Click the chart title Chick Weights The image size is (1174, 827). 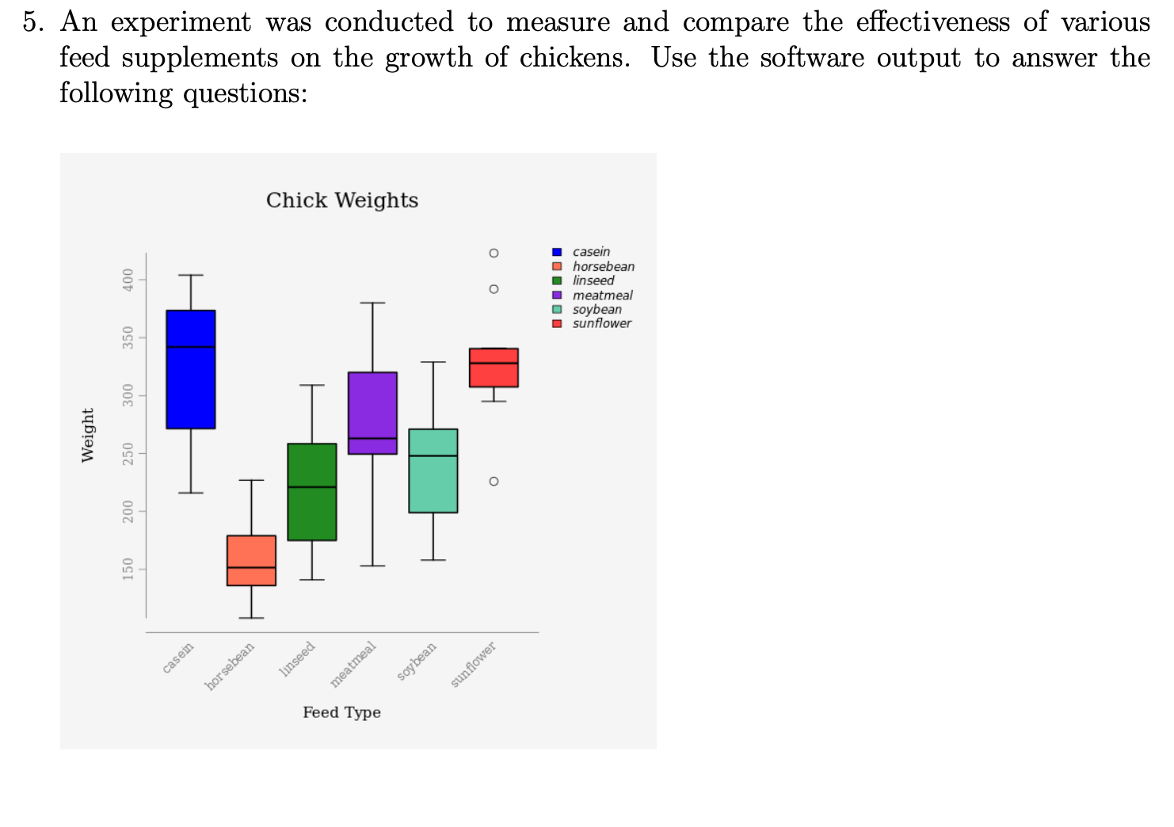(342, 200)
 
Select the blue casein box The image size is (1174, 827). (191, 369)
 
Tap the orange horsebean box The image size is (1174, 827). (251, 561)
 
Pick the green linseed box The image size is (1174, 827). (312, 492)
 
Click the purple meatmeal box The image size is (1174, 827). (372, 413)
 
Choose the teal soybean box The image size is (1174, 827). (433, 471)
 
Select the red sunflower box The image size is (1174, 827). (494, 368)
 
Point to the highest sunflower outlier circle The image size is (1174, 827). (494, 253)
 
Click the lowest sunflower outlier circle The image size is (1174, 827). (494, 482)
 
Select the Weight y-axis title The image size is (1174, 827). (88, 435)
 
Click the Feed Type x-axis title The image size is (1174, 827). (341, 712)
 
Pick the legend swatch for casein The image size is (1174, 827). (557, 252)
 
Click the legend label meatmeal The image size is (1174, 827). (602, 295)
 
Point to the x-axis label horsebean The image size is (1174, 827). (231, 665)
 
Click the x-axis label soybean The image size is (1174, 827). (417, 661)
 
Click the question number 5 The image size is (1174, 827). (32, 22)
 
